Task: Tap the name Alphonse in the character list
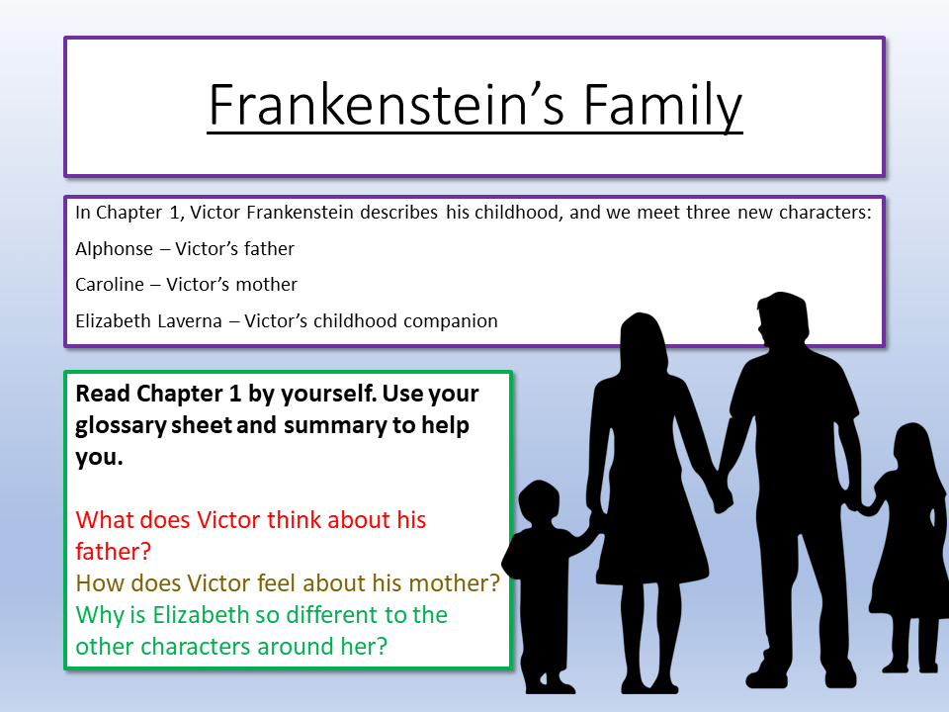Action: pyautogui.click(x=115, y=249)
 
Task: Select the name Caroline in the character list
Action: pyautogui.click(x=110, y=285)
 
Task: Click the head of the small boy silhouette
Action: pyautogui.click(x=539, y=503)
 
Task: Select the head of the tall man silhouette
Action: pyautogui.click(x=780, y=321)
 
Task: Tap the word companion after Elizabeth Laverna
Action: pyautogui.click(x=450, y=320)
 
